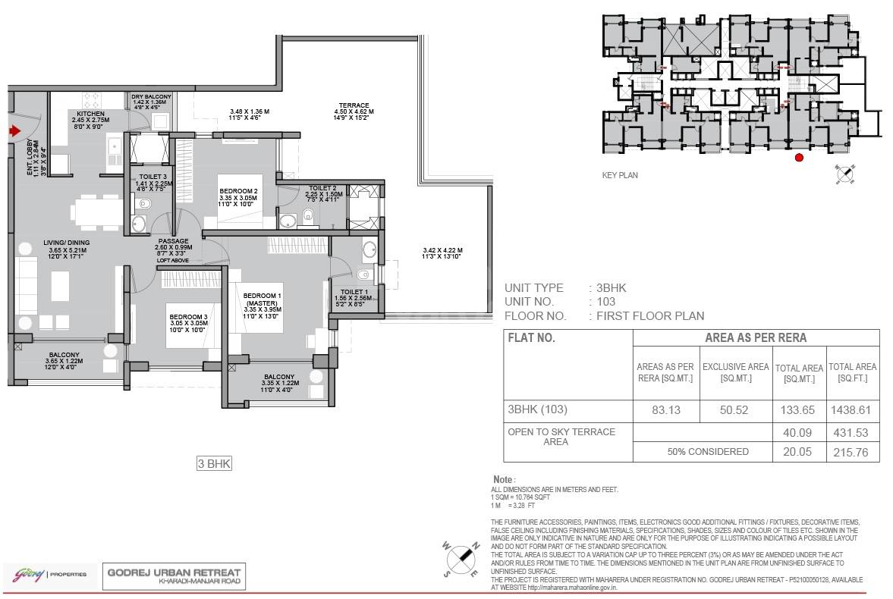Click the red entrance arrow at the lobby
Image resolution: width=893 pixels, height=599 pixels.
[x=13, y=131]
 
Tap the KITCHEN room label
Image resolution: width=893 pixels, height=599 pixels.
[x=90, y=114]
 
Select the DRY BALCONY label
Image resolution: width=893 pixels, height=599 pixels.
[x=151, y=97]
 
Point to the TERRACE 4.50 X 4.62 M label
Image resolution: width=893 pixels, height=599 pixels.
[x=354, y=105]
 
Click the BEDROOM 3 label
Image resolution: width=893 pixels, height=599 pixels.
[x=188, y=316]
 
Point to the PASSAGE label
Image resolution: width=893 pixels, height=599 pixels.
[x=173, y=240]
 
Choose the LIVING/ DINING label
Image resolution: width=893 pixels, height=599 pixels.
[x=66, y=243]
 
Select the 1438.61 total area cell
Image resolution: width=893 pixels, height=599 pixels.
[x=852, y=409]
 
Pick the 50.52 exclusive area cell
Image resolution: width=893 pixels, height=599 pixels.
[x=735, y=409]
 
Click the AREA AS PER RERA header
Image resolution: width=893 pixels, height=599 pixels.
[x=756, y=337]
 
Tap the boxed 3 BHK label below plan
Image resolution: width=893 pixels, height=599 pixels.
[x=213, y=464]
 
